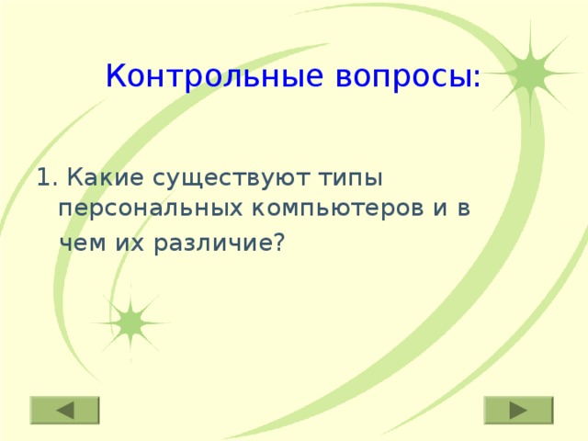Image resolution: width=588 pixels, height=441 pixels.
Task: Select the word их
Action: tap(126, 242)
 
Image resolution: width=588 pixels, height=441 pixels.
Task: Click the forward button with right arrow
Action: tap(518, 410)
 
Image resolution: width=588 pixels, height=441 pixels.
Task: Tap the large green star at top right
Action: tap(530, 73)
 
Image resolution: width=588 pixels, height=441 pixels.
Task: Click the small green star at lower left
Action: tap(130, 322)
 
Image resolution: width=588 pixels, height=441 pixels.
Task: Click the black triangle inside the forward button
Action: tap(518, 410)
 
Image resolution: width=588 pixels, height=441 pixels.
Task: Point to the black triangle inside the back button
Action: tap(65, 410)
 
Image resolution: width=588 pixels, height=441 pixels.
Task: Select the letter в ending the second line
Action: tap(465, 209)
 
